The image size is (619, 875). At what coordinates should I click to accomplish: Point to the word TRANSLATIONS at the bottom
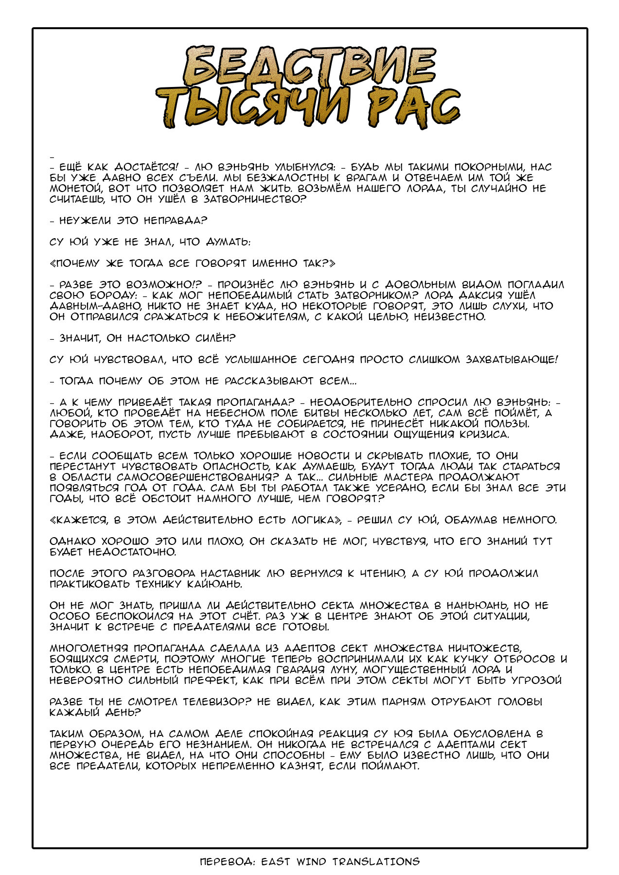click(x=376, y=862)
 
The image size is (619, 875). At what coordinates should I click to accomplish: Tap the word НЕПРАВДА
click(x=175, y=220)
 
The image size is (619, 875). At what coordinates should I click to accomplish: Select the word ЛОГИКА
click(x=314, y=520)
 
